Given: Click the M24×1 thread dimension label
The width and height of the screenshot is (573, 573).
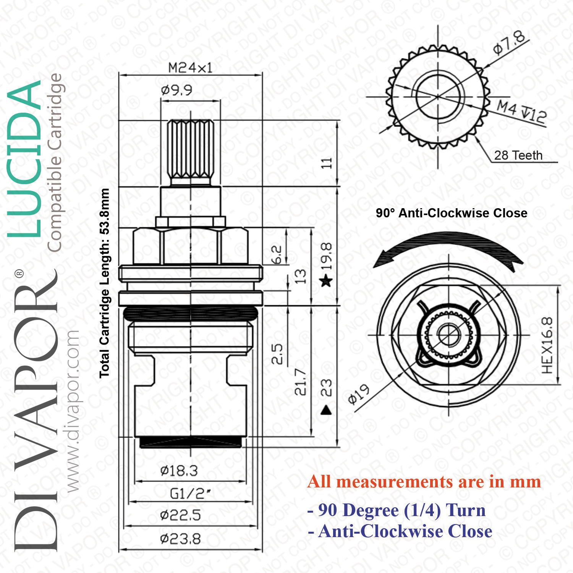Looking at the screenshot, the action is pyautogui.click(x=190, y=68).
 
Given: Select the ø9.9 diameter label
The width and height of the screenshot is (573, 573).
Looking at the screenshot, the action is pyautogui.click(x=176, y=91).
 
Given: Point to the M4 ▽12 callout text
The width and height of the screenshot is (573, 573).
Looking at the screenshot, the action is pyautogui.click(x=521, y=112).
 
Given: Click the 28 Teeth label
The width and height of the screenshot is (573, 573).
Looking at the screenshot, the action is pyautogui.click(x=518, y=155).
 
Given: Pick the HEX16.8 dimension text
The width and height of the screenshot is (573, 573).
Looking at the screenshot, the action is pyautogui.click(x=547, y=345).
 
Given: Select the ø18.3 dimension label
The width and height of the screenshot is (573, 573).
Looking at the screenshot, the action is pyautogui.click(x=179, y=471).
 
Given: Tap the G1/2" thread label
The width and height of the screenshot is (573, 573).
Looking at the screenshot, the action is pyautogui.click(x=190, y=494).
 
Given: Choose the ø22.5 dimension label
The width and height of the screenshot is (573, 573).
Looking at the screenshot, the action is pyautogui.click(x=180, y=516).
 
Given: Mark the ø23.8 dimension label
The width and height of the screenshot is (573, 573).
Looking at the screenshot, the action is pyautogui.click(x=180, y=539).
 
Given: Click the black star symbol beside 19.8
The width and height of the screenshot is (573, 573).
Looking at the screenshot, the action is pyautogui.click(x=326, y=281).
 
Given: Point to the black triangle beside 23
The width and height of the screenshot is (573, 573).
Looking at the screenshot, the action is pyautogui.click(x=326, y=410).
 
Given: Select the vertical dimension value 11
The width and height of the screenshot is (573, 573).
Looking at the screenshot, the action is pyautogui.click(x=326, y=163).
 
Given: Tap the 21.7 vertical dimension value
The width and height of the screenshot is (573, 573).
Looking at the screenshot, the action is pyautogui.click(x=300, y=382).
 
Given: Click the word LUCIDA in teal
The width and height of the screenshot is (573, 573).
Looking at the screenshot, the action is pyautogui.click(x=25, y=158).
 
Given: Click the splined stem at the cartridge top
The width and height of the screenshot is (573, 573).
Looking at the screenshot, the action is pyautogui.click(x=191, y=151).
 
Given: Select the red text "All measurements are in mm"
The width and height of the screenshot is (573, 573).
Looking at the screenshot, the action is pyautogui.click(x=424, y=482).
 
